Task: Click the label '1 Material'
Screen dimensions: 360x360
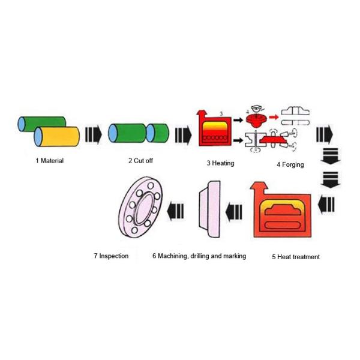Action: coord(50,161)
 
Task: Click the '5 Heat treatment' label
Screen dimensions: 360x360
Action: coord(296,257)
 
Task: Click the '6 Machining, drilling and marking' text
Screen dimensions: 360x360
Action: coord(199,256)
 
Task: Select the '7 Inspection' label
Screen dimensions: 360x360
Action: coord(111,256)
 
